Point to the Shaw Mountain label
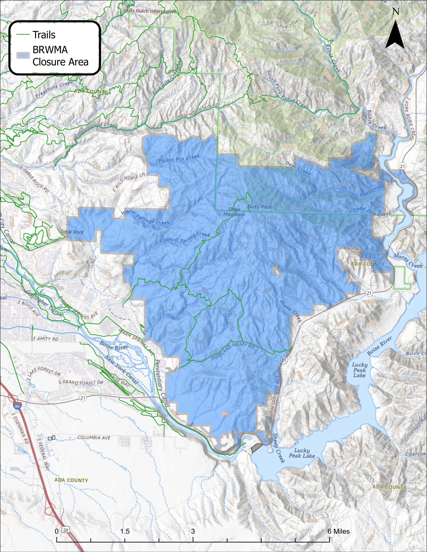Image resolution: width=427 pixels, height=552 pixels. point(234,212)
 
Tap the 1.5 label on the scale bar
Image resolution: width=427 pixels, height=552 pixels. point(125,524)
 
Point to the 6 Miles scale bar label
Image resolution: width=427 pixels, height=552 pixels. point(338,524)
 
